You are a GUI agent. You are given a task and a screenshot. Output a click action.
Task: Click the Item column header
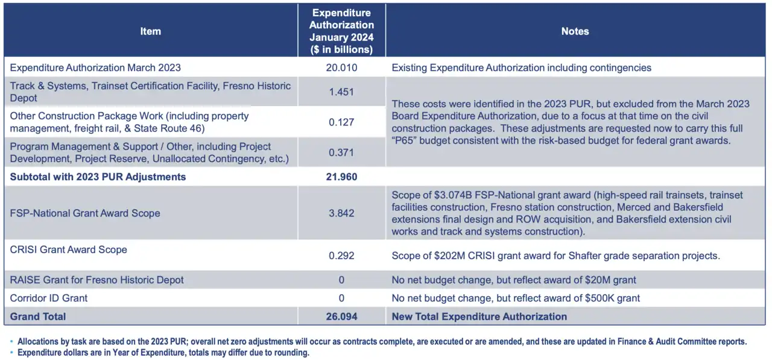tap(150, 31)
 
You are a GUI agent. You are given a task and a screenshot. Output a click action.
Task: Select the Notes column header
tap(575, 31)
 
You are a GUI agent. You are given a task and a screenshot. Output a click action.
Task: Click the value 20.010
tap(341, 68)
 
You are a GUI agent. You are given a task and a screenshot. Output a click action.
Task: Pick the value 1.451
tap(341, 92)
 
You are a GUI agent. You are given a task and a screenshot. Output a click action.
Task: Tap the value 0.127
tap(341, 122)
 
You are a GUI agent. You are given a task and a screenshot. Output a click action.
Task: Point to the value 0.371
tap(341, 153)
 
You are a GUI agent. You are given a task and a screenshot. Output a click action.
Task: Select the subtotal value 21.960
tap(341, 177)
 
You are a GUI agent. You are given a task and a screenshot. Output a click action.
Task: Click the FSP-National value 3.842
tap(341, 213)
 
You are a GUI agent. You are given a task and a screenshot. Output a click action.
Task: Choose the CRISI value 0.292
tap(341, 256)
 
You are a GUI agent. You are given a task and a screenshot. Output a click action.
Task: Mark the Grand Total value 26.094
tap(341, 317)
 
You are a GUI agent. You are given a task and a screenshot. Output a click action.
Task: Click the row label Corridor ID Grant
tap(49, 298)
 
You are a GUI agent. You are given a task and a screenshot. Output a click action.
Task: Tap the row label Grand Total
tap(38, 317)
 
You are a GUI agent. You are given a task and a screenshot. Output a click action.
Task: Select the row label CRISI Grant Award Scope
tap(69, 250)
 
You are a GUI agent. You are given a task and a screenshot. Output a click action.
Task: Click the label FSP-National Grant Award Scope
tap(85, 213)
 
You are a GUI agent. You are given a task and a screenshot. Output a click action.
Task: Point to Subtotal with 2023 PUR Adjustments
tap(98, 177)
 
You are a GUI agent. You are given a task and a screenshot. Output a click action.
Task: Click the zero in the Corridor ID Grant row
tap(341, 298)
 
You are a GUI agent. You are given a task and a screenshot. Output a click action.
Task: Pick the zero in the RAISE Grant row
tap(341, 280)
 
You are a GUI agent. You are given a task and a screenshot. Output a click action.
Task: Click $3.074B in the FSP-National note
tap(453, 195)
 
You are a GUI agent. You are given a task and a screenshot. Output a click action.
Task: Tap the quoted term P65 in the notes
tap(405, 141)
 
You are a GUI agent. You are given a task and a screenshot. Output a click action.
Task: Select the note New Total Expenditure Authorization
tap(479, 317)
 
